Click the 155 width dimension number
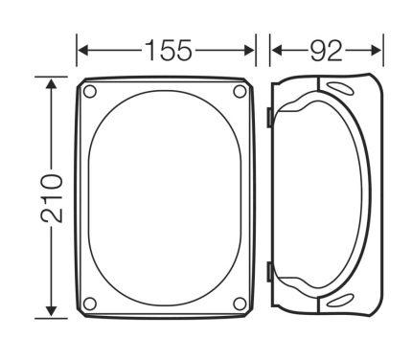[x=169, y=50]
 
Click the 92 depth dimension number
[x=326, y=51]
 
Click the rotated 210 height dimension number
[x=52, y=198]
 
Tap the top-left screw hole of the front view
[x=89, y=92]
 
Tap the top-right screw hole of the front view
[x=240, y=92]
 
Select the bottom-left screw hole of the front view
[x=89, y=304]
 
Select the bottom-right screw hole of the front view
[x=240, y=304]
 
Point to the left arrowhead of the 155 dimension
[x=83, y=51]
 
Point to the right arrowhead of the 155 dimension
[x=249, y=51]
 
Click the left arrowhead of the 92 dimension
[x=277, y=51]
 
